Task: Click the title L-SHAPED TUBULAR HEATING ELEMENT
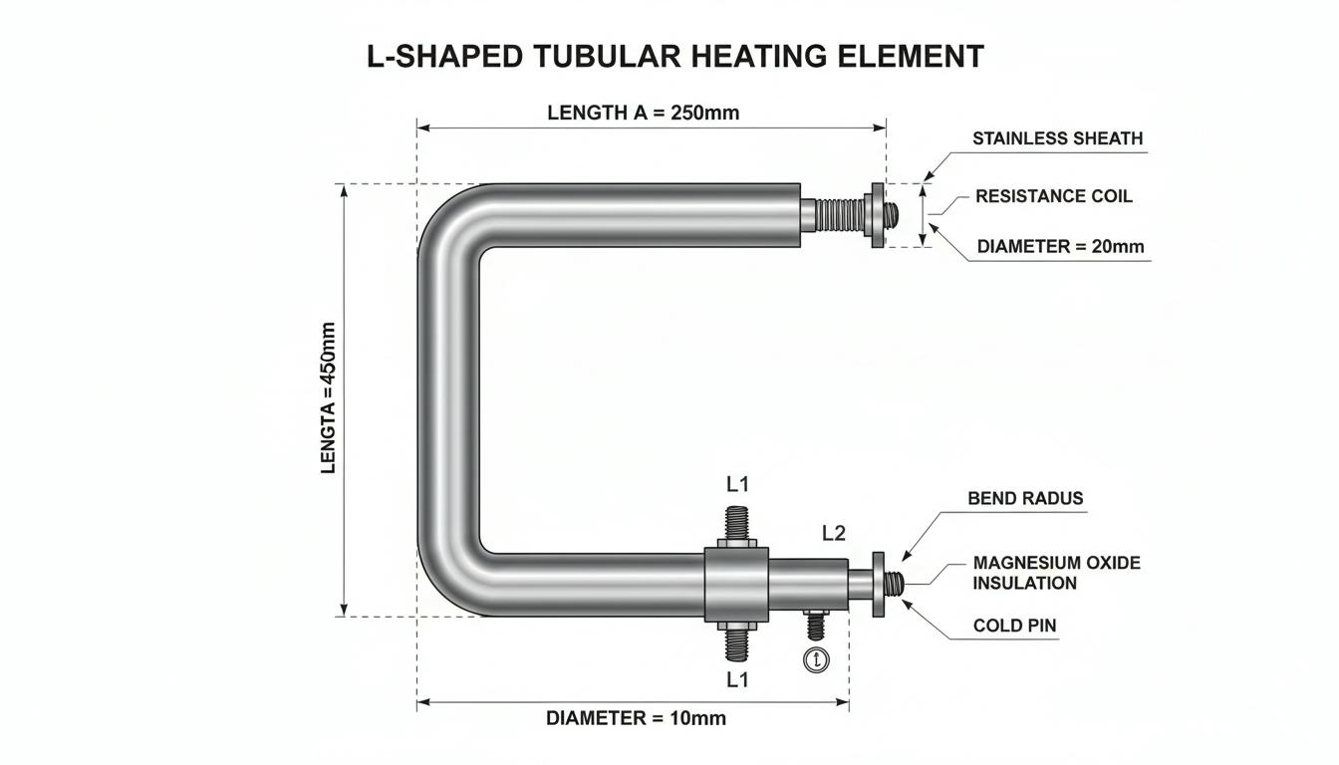point(674,56)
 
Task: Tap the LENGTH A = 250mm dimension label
point(644,113)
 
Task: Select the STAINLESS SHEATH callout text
point(1057,138)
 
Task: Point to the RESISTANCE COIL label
point(1054,196)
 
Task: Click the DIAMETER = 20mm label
point(1060,246)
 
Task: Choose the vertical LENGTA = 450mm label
point(328,398)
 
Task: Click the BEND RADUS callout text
point(1025,498)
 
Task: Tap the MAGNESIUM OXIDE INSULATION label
point(1056,573)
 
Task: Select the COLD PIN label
point(1014,626)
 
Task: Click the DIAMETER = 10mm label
point(636,718)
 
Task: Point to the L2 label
point(833,533)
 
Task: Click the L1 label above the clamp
point(737,484)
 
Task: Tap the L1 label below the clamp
point(737,679)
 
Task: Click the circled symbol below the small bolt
point(816,659)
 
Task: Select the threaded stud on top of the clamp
point(736,523)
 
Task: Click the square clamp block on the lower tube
point(736,585)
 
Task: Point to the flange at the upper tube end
point(877,215)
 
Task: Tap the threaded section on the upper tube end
point(839,215)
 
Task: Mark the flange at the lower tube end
point(878,585)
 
